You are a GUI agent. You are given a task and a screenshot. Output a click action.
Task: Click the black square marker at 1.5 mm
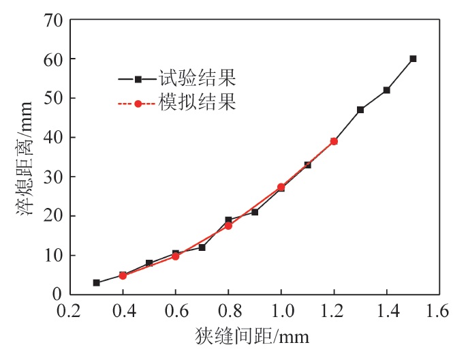click(x=413, y=59)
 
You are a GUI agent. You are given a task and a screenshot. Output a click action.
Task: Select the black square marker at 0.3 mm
click(x=96, y=282)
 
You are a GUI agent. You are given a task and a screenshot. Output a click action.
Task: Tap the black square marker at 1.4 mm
click(x=386, y=90)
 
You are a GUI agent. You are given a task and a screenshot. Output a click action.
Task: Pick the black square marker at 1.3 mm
click(x=360, y=110)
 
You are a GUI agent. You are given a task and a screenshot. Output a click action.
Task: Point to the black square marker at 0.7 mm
click(x=202, y=247)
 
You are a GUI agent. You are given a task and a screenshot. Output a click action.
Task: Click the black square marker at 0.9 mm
click(x=255, y=212)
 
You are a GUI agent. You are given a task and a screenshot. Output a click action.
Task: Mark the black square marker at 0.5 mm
click(x=149, y=262)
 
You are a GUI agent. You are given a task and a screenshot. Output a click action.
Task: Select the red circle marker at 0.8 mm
click(x=228, y=226)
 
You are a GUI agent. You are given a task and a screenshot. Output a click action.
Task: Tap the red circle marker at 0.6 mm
click(x=175, y=256)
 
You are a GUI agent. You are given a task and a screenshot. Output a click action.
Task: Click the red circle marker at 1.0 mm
click(x=281, y=187)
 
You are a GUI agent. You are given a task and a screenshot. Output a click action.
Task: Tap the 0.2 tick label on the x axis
click(x=69, y=312)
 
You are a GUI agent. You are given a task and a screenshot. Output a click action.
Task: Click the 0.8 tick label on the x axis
click(x=228, y=312)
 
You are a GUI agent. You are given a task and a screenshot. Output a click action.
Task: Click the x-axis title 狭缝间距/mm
click(x=255, y=337)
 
